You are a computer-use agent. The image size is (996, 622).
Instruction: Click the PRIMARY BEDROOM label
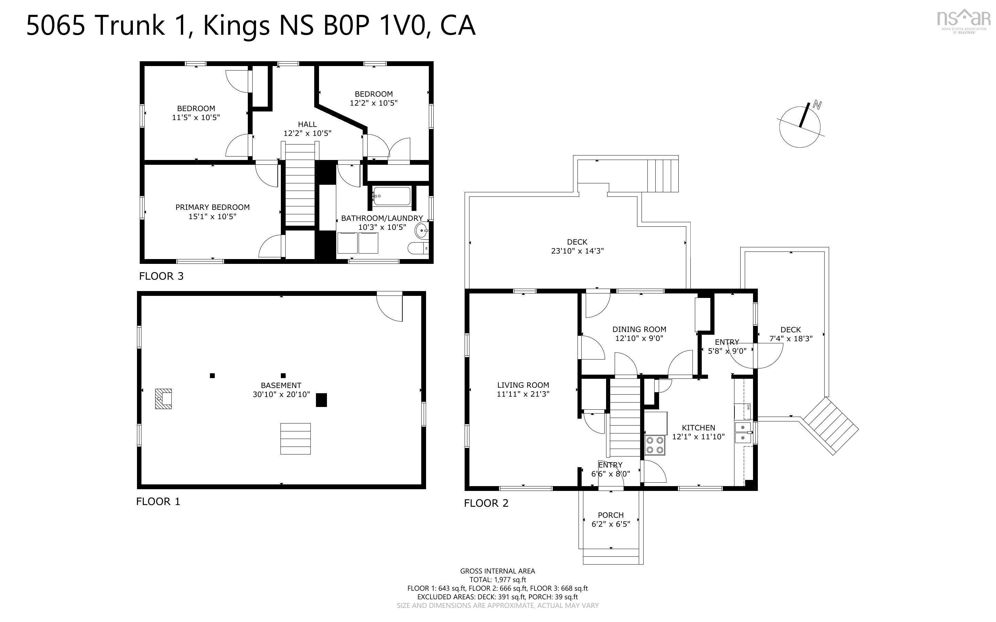click(x=212, y=207)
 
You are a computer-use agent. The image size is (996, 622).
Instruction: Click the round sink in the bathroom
click(x=422, y=231)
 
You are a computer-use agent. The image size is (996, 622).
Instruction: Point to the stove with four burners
click(x=655, y=445)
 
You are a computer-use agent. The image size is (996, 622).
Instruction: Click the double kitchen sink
click(x=743, y=433)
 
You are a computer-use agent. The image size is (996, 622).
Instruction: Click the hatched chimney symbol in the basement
click(x=163, y=399)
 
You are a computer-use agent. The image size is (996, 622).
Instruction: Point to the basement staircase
click(x=295, y=439)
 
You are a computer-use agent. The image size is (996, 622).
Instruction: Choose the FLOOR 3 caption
click(x=161, y=276)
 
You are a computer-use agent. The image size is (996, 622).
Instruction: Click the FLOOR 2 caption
click(x=486, y=503)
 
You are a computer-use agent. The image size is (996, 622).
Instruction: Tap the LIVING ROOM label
click(x=523, y=385)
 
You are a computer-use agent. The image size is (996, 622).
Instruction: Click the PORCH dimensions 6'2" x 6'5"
click(x=611, y=524)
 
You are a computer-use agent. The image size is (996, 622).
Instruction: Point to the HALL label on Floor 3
click(x=307, y=124)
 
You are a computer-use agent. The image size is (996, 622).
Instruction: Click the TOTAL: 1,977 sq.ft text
click(x=498, y=580)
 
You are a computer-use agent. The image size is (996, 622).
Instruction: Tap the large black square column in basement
click(x=321, y=400)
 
